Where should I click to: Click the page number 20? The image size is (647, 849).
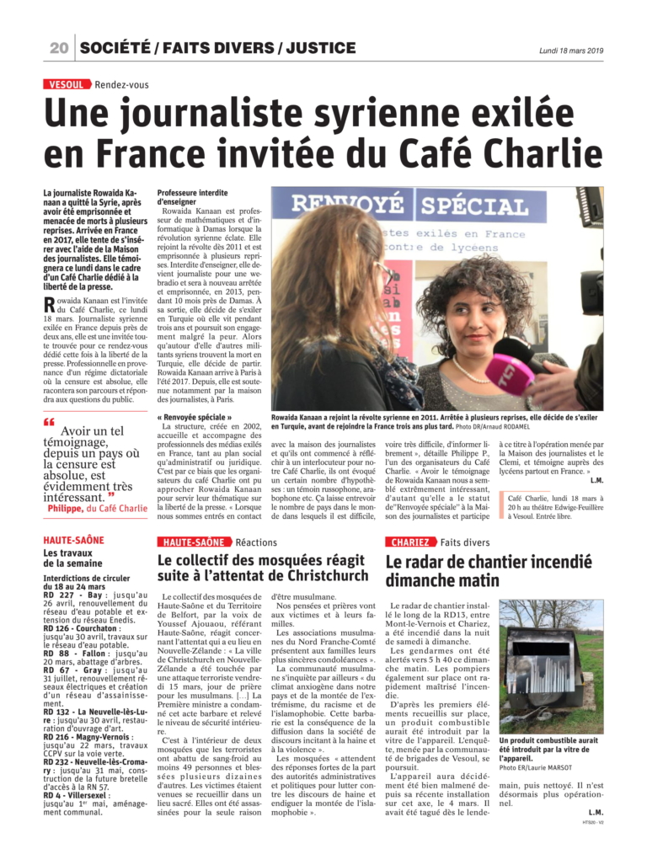[x=59, y=48]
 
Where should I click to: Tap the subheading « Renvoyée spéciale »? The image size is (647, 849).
[x=194, y=417]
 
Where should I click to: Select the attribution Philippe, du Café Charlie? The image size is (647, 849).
[x=97, y=508]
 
